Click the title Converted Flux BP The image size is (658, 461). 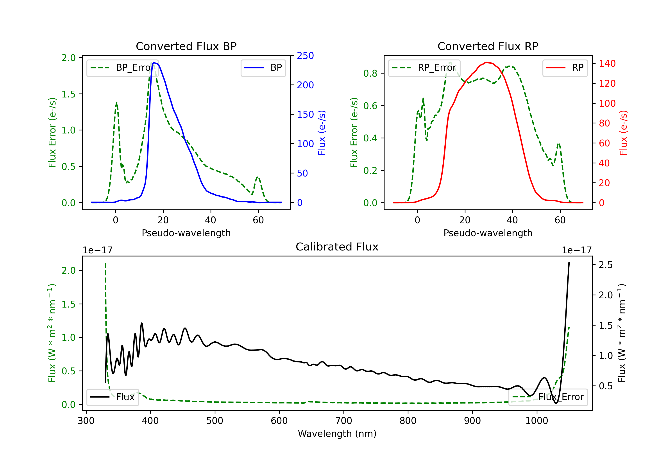(186, 46)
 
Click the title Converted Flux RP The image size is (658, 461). (488, 46)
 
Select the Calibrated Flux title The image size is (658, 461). (337, 247)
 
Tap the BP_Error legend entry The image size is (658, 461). (122, 68)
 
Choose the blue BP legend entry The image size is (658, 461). (263, 68)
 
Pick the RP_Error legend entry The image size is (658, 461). (424, 68)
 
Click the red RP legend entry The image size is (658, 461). (565, 68)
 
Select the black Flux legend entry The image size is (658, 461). (112, 397)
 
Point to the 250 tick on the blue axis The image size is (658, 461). (305, 56)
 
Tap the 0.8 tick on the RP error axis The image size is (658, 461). (370, 74)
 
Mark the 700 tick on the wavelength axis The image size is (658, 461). (344, 421)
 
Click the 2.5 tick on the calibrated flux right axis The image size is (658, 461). (606, 265)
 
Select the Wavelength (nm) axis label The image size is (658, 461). (337, 434)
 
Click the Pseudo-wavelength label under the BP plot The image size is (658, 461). (186, 233)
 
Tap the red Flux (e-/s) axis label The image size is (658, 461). (623, 133)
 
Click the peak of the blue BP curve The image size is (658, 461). (154, 62)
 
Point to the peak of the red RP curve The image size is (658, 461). (486, 62)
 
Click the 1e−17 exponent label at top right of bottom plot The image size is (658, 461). (577, 250)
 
